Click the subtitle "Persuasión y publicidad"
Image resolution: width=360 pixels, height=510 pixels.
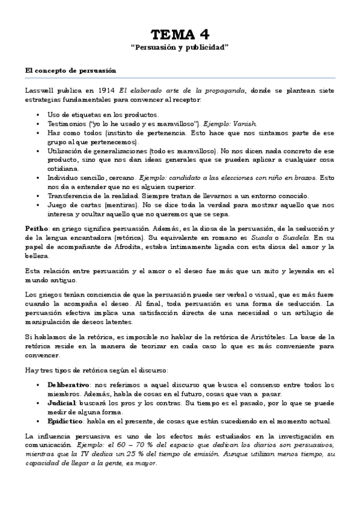(180, 46)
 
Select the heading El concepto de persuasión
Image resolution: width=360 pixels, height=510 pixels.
(70, 70)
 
